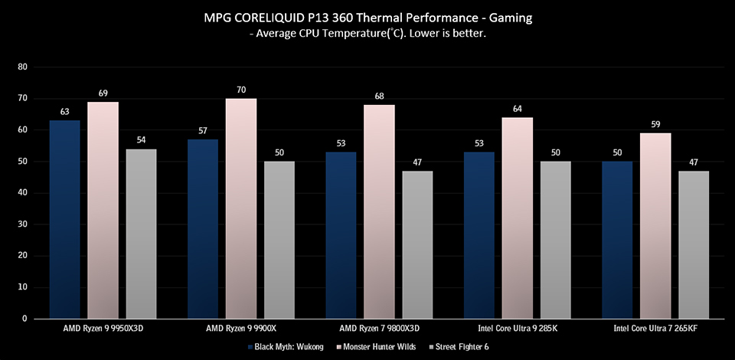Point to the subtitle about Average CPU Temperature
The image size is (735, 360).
click(x=367, y=35)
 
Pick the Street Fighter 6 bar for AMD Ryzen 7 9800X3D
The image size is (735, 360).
click(x=417, y=244)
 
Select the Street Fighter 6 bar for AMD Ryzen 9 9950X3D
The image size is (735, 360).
click(x=141, y=234)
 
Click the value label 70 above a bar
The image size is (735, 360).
click(x=241, y=90)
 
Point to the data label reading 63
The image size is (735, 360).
click(x=64, y=112)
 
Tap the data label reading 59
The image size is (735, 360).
click(x=655, y=125)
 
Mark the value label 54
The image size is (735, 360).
click(x=141, y=141)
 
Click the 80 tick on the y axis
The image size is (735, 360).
click(x=22, y=67)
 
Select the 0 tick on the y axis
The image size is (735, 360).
click(x=24, y=319)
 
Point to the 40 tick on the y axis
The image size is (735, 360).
click(x=22, y=193)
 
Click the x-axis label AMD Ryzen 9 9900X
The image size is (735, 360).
click(x=240, y=327)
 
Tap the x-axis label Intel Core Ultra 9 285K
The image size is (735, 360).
click(x=517, y=327)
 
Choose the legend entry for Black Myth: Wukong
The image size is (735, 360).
click(x=281, y=347)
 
